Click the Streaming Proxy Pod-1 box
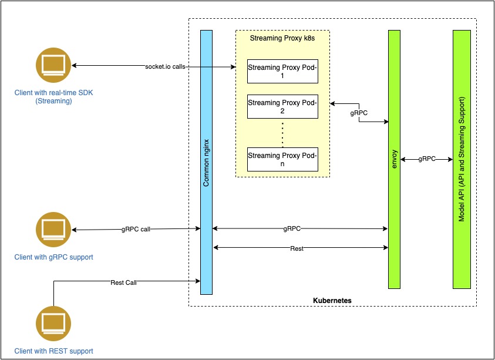tap(282, 71)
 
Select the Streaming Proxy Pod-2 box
tap(282, 106)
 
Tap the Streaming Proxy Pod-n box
tap(282, 159)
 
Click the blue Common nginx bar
tap(206, 162)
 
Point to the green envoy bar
tap(394, 159)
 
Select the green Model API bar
tap(462, 159)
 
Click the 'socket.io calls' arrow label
tap(166, 66)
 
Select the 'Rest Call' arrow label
tap(123, 282)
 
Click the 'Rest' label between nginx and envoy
tap(297, 248)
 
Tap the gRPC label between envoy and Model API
tap(427, 159)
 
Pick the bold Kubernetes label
tap(332, 300)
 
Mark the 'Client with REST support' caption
tap(54, 351)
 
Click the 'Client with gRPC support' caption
tap(54, 257)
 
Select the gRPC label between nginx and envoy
tap(292, 228)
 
